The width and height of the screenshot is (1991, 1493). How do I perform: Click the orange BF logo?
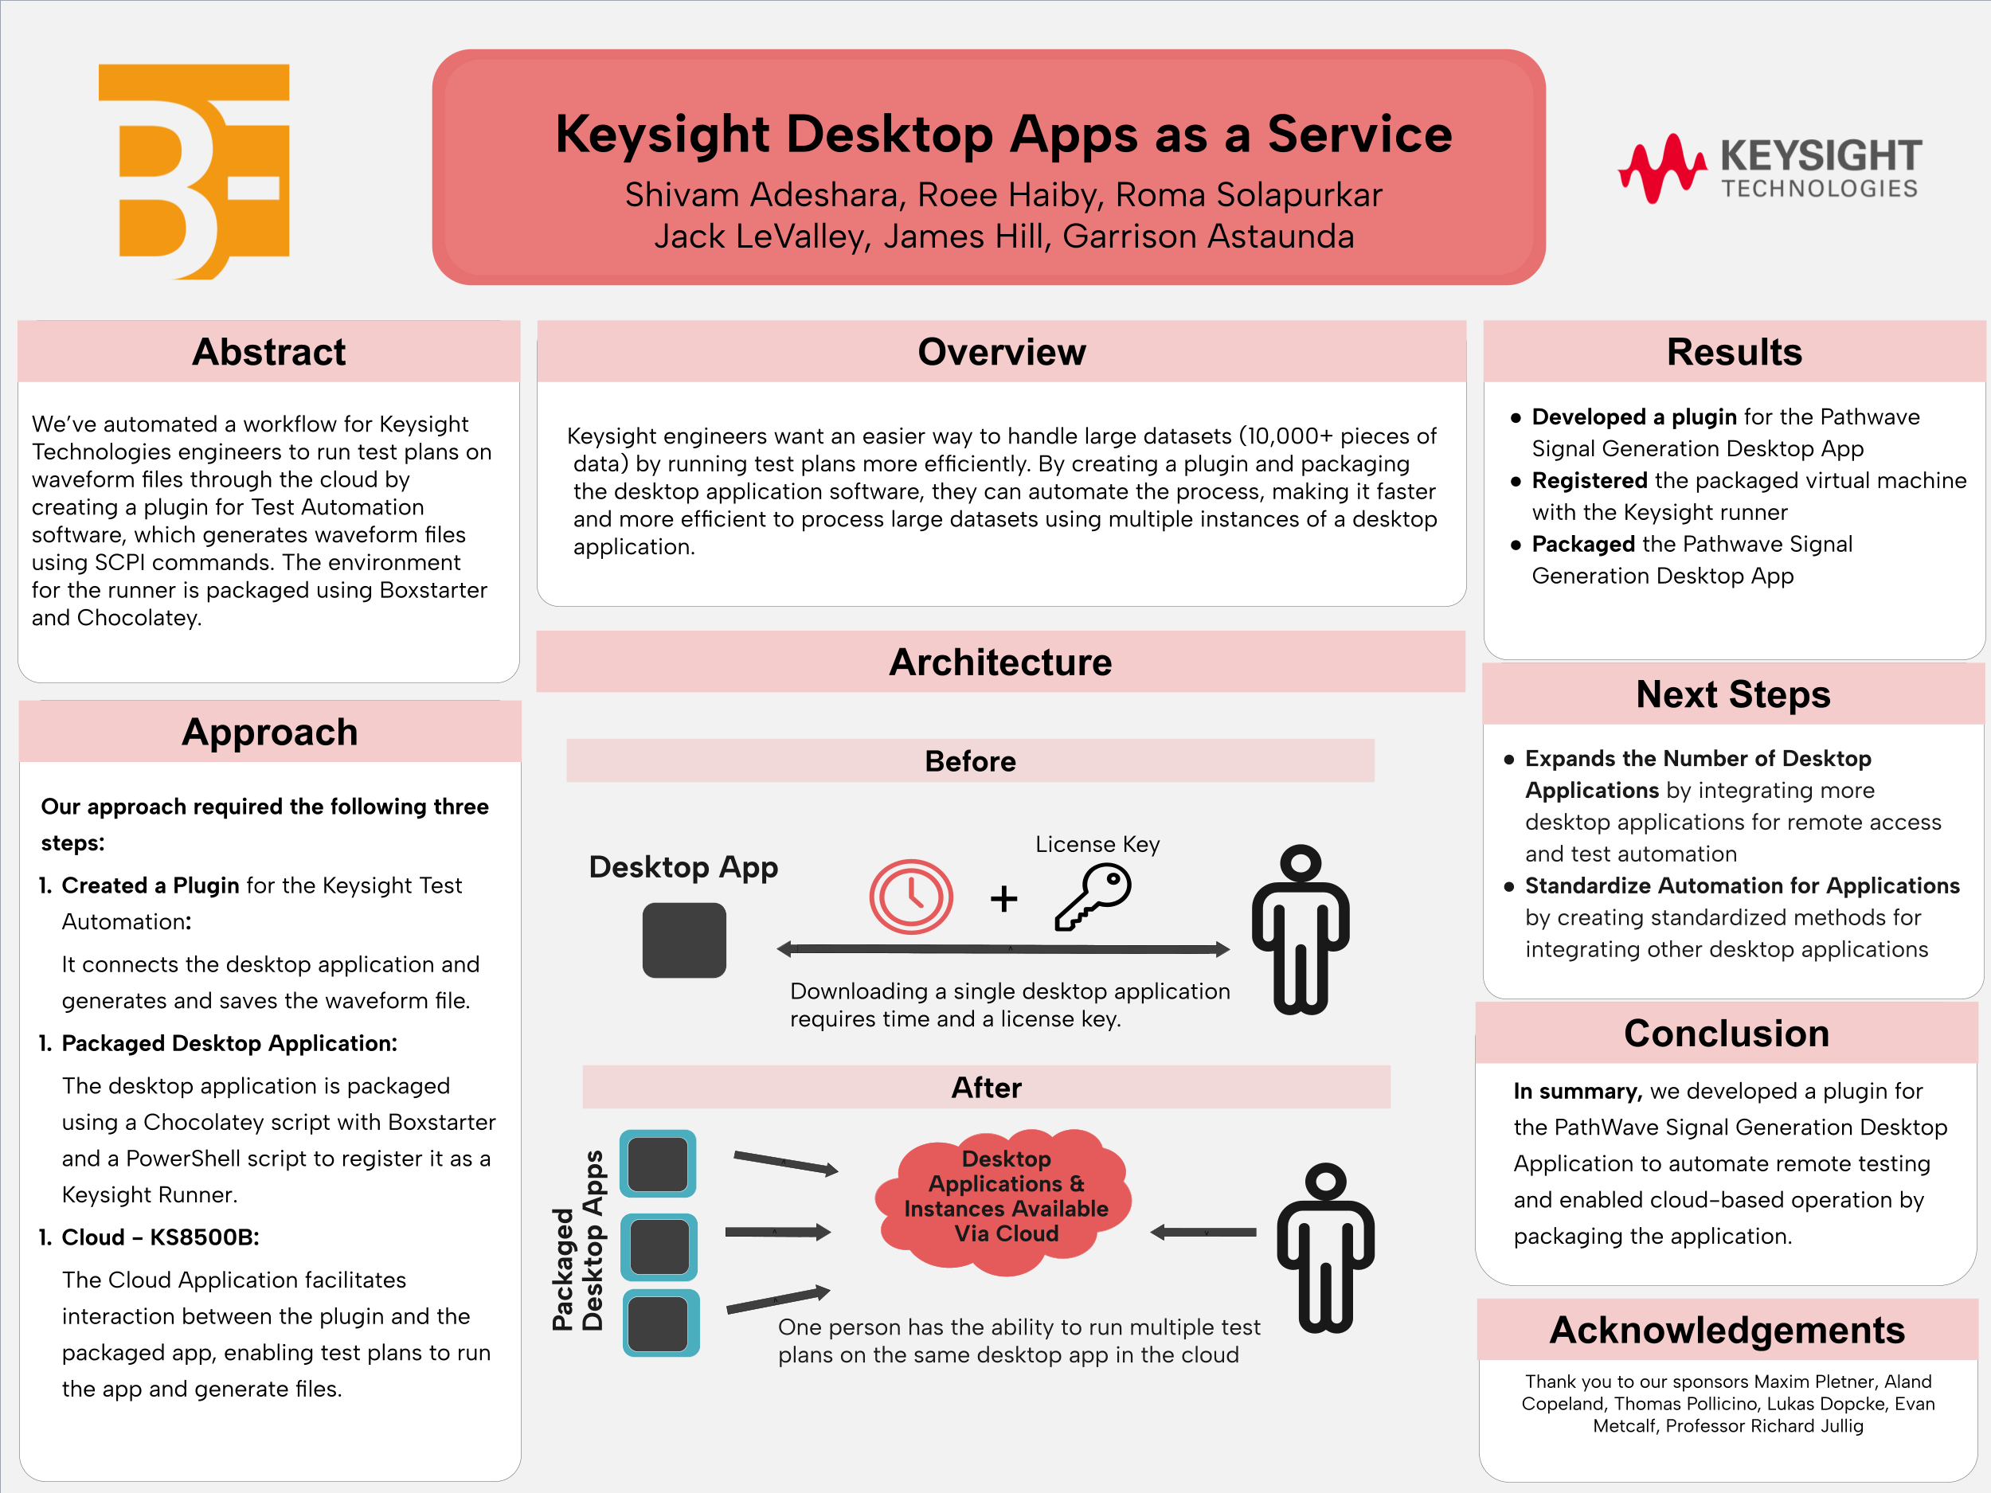[x=194, y=171]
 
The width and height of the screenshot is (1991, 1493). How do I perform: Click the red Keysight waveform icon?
[x=1661, y=168]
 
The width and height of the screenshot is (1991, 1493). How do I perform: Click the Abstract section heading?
[x=268, y=352]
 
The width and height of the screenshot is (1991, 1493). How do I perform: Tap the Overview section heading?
[x=1001, y=352]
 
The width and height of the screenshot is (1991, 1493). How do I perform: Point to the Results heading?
[x=1734, y=352]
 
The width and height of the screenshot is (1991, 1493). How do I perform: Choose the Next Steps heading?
[x=1733, y=695]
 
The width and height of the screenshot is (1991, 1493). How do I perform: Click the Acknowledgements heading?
[x=1727, y=1330]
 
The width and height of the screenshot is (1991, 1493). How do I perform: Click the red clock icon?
[x=910, y=897]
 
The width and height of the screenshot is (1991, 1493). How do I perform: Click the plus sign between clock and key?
[x=1003, y=898]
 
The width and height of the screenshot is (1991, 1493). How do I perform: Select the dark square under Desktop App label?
[x=683, y=940]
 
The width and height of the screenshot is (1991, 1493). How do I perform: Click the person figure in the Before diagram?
[x=1300, y=928]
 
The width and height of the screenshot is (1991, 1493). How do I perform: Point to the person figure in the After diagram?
[x=1325, y=1247]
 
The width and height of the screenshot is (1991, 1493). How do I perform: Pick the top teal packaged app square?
[x=658, y=1163]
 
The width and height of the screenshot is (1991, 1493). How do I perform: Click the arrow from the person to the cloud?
[x=1203, y=1232]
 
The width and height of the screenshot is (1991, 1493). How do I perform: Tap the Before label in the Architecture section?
[x=969, y=761]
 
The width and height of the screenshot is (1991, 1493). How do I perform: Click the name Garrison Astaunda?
[x=1208, y=236]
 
